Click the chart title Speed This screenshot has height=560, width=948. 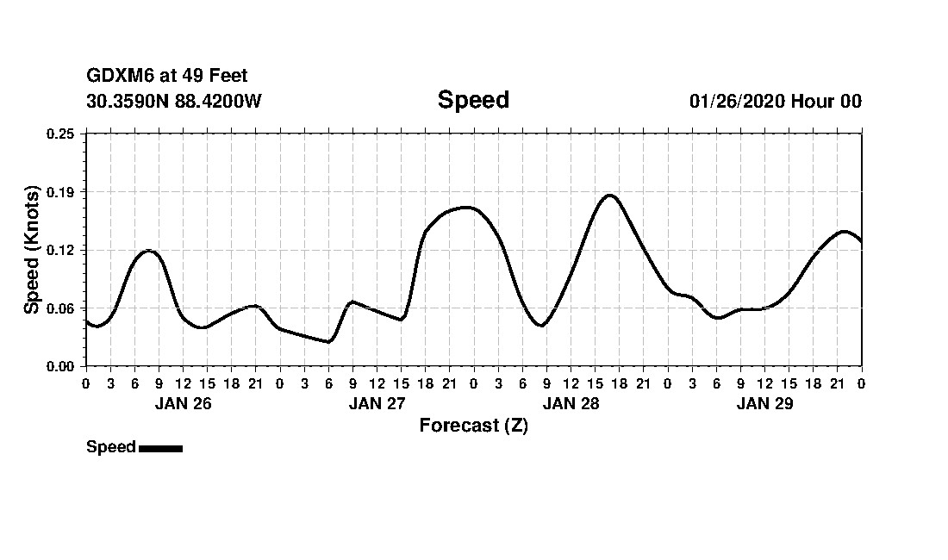click(473, 100)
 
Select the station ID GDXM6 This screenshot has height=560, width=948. click(116, 77)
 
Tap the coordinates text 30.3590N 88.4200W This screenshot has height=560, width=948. click(173, 101)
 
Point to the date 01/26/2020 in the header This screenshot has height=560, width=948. click(736, 101)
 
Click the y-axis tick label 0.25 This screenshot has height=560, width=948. click(61, 134)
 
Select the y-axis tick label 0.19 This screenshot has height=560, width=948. click(61, 191)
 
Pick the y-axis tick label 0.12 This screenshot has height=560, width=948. click(61, 250)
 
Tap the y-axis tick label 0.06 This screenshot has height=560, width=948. click(61, 308)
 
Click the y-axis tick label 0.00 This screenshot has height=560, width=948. click(61, 366)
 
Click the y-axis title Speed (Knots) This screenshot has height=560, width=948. click(32, 249)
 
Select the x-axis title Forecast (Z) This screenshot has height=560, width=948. click(473, 425)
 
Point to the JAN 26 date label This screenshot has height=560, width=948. click(183, 403)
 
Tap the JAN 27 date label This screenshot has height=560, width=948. click(377, 403)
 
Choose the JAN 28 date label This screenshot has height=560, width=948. click(571, 403)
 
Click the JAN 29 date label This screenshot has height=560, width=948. click(764, 403)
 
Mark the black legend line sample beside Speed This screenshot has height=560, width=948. click(160, 448)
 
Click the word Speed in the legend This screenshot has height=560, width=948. click(111, 447)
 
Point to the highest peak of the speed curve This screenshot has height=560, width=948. click(609, 196)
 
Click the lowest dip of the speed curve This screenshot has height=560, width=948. click(327, 341)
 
